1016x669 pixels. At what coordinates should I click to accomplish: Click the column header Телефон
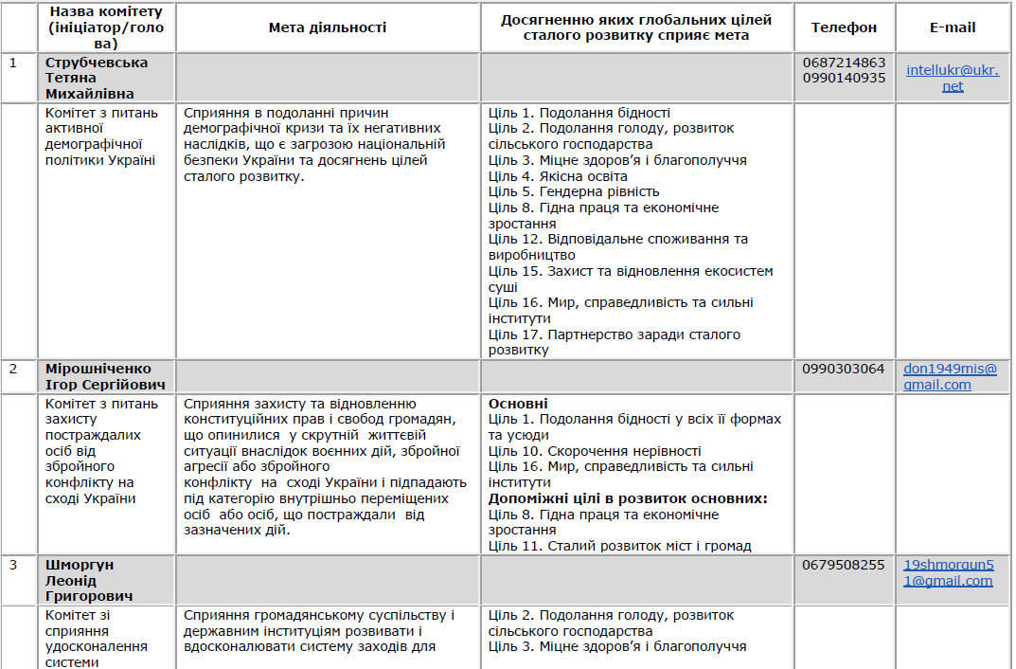click(844, 27)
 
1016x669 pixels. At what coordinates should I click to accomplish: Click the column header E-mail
click(953, 27)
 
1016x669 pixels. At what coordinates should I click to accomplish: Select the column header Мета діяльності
click(328, 27)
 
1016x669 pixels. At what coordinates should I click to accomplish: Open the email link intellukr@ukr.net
click(953, 78)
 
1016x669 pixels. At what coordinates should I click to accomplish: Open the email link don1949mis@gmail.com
click(950, 376)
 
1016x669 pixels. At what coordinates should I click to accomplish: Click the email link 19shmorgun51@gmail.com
click(948, 572)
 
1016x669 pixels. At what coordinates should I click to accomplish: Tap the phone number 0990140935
click(844, 78)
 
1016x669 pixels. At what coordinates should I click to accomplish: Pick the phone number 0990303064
click(844, 369)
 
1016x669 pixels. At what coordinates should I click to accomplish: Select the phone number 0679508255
click(844, 565)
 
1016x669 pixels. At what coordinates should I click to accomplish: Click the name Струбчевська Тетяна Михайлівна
click(97, 78)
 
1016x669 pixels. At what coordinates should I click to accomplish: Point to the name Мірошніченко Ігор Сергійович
click(105, 376)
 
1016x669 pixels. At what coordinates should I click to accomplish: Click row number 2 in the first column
click(13, 369)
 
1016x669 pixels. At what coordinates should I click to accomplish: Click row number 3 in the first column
click(13, 565)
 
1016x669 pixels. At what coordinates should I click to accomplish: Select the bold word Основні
click(518, 404)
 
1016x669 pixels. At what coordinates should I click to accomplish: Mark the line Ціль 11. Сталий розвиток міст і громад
click(619, 546)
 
